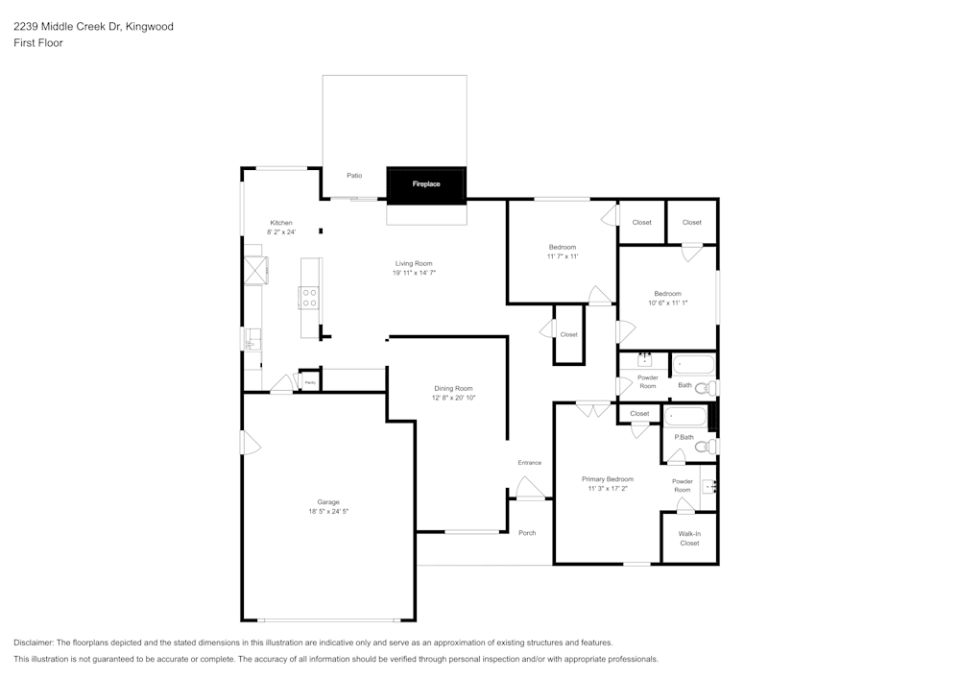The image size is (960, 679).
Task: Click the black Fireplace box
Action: [x=426, y=184]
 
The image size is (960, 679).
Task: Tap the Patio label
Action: [x=354, y=176]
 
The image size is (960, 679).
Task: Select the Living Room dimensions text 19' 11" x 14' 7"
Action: [x=414, y=273]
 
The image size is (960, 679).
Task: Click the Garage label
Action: [x=328, y=502]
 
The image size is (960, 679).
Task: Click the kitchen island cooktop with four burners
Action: [x=309, y=298]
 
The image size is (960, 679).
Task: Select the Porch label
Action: [x=527, y=533]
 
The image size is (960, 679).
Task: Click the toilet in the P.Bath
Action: [x=703, y=447]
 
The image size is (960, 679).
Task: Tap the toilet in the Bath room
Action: [x=703, y=388]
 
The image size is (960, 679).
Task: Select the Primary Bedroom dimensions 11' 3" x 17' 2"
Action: [x=607, y=489]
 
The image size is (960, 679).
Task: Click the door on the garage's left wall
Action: [x=250, y=443]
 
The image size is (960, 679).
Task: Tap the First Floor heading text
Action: [x=38, y=43]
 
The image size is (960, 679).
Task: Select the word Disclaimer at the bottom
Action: [x=34, y=643]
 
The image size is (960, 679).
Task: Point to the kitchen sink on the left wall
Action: [x=252, y=340]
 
